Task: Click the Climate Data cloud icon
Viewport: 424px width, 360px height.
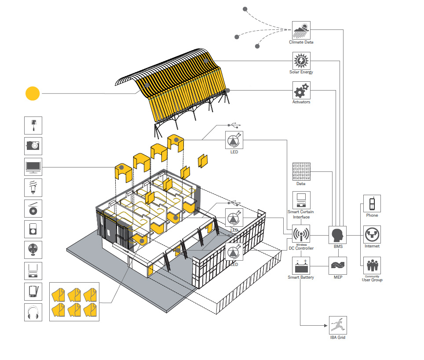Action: click(301, 30)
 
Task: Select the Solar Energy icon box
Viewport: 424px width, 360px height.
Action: click(301, 61)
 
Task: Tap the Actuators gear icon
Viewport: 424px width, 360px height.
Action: click(301, 91)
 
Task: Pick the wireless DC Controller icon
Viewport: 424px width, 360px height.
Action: click(301, 233)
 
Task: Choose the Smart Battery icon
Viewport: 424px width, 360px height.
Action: click(301, 265)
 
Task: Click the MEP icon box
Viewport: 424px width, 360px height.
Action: click(338, 265)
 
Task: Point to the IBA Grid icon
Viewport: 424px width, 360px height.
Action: click(338, 325)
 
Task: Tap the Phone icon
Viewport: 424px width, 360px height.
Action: click(372, 204)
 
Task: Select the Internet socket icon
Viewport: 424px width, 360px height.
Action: click(372, 235)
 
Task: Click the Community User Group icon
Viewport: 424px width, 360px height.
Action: click(372, 265)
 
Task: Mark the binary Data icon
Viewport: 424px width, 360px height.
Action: click(301, 172)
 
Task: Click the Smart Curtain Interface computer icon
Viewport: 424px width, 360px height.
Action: click(301, 200)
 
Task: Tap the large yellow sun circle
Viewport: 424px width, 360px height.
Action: click(33, 94)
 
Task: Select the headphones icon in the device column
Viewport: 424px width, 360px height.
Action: click(33, 312)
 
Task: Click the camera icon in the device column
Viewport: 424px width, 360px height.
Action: click(33, 145)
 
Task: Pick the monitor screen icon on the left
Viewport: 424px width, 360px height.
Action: click(33, 167)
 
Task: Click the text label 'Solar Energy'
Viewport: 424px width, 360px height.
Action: click(301, 72)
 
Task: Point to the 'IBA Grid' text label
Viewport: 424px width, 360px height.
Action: click(338, 338)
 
